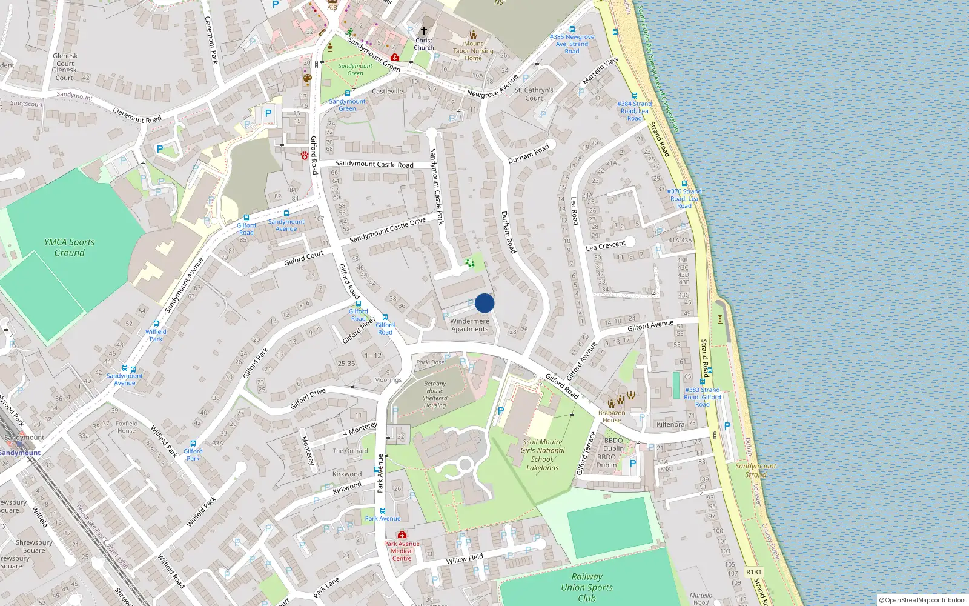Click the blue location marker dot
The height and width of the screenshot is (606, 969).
484,303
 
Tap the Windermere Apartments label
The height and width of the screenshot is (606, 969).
469,325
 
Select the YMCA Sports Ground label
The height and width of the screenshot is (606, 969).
70,247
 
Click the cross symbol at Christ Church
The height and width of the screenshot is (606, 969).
424,31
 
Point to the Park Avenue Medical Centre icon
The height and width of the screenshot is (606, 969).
402,535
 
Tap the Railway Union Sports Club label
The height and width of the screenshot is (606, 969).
586,587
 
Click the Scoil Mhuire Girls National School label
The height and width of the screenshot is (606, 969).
542,454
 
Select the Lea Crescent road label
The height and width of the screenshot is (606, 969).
605,245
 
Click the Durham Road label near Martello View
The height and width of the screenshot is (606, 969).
528,153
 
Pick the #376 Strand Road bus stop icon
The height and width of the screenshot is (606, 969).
684,184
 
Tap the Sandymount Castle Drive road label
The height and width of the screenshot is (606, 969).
388,230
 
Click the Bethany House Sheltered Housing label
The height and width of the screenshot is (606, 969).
435,395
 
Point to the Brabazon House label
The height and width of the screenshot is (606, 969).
612,416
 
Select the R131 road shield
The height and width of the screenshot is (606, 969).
753,572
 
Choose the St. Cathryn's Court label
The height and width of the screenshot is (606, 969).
534,94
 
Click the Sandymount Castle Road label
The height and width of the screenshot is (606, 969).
374,164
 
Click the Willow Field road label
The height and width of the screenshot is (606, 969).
465,558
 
